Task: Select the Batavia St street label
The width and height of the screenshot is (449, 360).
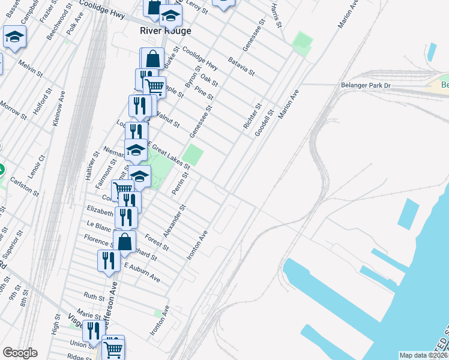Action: coord(242,66)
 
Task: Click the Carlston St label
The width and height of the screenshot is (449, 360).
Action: coord(28,187)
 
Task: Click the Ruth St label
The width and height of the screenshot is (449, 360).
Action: coord(94,296)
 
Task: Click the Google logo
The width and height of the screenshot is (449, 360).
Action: coord(20,353)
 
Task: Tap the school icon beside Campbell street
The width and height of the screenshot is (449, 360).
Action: coord(14,38)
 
